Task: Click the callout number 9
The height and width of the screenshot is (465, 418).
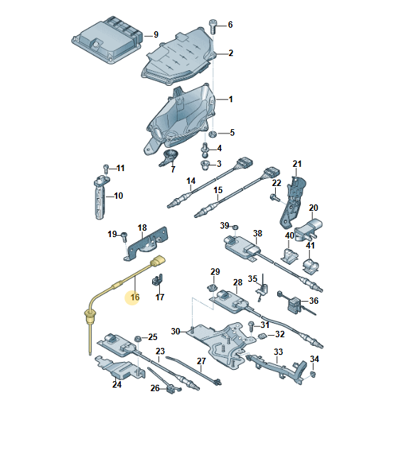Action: (156, 35)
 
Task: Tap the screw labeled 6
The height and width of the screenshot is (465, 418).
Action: (213, 26)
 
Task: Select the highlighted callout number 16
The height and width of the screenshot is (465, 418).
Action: (135, 297)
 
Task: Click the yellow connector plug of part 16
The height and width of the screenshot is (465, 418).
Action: (158, 262)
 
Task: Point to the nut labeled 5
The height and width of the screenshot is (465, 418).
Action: (213, 134)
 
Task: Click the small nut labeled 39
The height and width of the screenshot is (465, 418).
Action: (235, 227)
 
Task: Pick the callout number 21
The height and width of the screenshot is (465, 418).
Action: (297, 164)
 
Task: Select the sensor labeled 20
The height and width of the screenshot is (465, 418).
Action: (309, 229)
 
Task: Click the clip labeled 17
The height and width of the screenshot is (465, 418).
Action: (157, 280)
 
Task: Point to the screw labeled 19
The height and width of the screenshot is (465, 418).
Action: (124, 236)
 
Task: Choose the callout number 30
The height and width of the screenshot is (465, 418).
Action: (176, 332)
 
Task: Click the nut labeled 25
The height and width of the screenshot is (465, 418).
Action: (138, 339)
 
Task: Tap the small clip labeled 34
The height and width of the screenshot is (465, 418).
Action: (313, 374)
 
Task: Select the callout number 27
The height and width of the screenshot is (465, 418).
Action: (201, 361)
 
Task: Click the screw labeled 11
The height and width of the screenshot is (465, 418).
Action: (106, 168)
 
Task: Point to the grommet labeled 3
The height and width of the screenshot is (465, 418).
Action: (205, 165)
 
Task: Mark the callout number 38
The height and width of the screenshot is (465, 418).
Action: (257, 234)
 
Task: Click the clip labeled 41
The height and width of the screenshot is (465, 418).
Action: (311, 266)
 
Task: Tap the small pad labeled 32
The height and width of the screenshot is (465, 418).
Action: (262, 336)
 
